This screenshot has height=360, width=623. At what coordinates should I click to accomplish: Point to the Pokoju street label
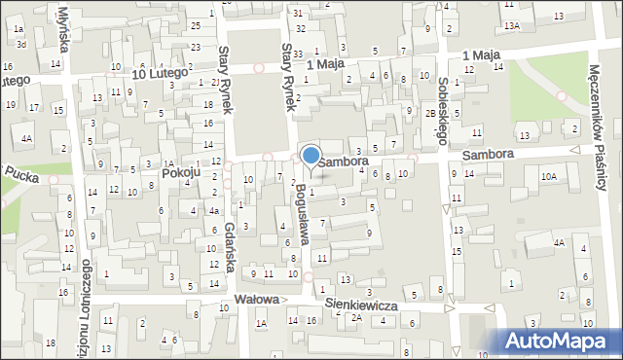pyautogui.click(x=181, y=172)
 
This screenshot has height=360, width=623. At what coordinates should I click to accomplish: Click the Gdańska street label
pyautogui.click(x=231, y=239)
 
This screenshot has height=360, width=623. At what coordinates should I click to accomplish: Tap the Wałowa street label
pyautogui.click(x=256, y=300)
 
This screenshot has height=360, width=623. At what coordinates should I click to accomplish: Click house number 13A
pyautogui.click(x=512, y=24)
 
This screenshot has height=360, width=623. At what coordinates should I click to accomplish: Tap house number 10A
pyautogui.click(x=549, y=176)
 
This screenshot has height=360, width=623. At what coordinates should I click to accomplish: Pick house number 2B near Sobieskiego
pyautogui.click(x=430, y=113)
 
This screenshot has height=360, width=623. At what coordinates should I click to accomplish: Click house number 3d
pyautogui.click(x=21, y=45)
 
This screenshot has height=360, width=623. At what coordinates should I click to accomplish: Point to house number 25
pyautogui.click(x=196, y=24)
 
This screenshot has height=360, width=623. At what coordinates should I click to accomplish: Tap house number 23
pyautogui.click(x=196, y=47)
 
